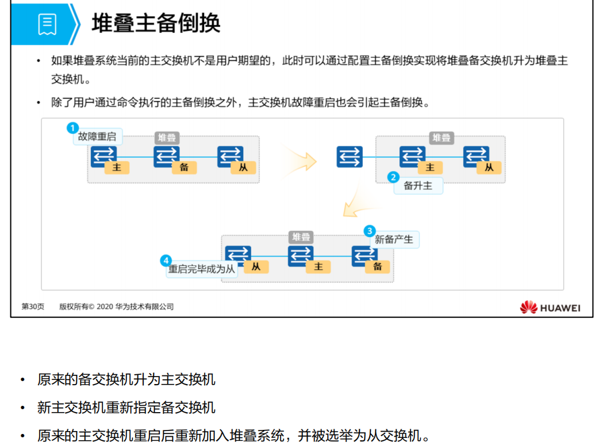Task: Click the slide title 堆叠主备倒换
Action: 156,24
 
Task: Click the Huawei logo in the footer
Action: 550,308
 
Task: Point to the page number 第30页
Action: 33,307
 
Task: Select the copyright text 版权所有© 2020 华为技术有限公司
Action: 116,307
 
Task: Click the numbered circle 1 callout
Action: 72,127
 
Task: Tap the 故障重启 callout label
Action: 97,137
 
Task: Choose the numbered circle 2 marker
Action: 393,177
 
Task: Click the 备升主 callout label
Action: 418,186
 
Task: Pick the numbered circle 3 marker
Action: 370,231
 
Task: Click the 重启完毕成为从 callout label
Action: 202,269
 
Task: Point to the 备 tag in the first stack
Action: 184,168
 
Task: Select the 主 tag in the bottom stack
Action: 318,266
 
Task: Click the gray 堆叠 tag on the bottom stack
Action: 300,236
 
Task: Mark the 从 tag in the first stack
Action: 243,168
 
